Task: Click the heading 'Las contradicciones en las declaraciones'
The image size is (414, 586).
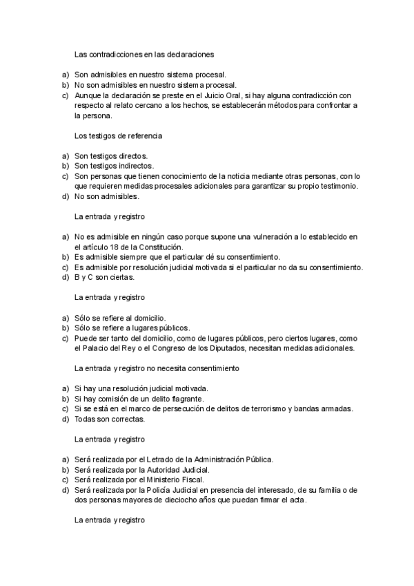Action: pyautogui.click(x=144, y=53)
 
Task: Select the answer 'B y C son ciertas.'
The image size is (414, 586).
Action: pyautogui.click(x=105, y=278)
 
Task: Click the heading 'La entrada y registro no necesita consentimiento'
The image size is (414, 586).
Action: pyautogui.click(x=157, y=368)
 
